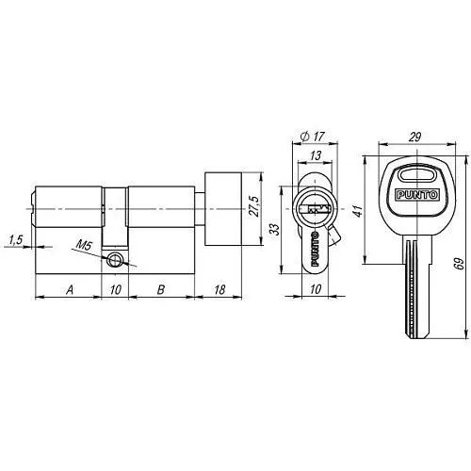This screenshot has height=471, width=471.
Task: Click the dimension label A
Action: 70,289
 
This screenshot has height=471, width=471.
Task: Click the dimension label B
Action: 161,289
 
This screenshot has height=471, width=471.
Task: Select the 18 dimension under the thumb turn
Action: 219,289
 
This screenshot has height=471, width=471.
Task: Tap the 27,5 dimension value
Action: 254,206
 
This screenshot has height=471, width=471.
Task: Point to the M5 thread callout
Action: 84,244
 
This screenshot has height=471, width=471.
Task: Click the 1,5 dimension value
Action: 15,240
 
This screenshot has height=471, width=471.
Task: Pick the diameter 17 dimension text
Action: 312,137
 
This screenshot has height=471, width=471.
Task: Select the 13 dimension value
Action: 316,155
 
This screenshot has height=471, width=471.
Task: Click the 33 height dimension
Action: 274,229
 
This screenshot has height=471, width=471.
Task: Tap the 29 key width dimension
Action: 414,137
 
